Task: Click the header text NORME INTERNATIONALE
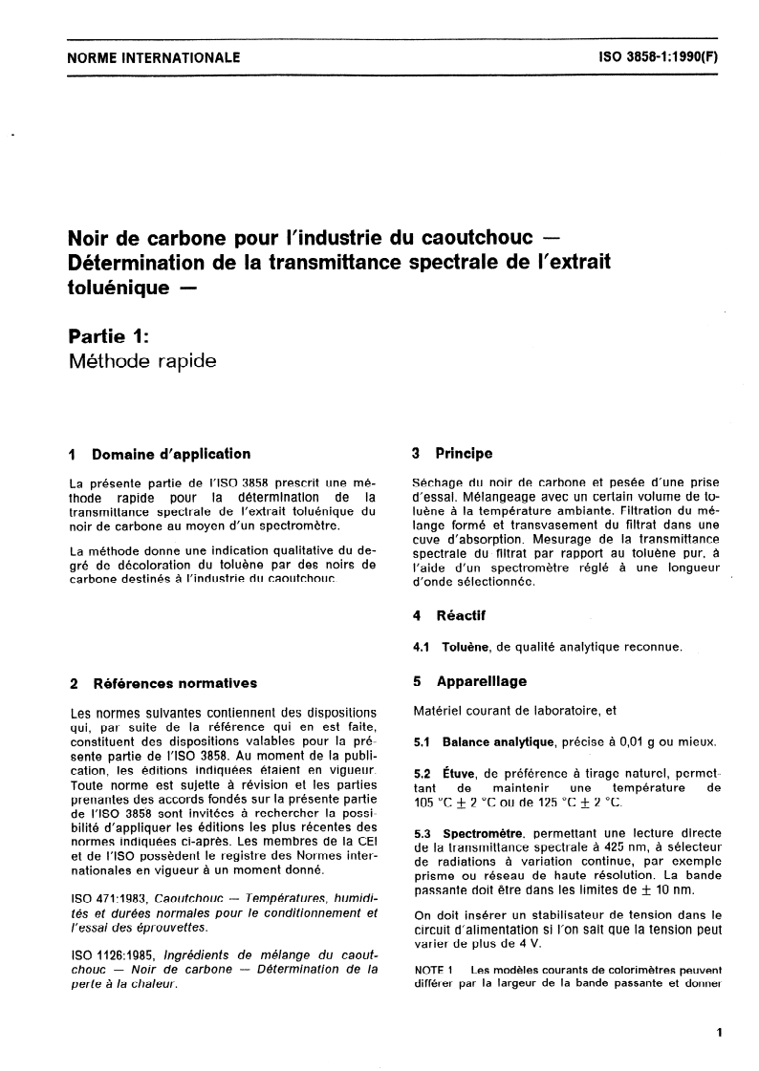[x=153, y=57]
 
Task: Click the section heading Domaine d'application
[x=171, y=454]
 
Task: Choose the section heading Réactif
[x=461, y=616]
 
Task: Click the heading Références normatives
[x=174, y=683]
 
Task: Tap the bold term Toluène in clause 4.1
[x=465, y=648]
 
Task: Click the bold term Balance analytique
[x=498, y=742]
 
